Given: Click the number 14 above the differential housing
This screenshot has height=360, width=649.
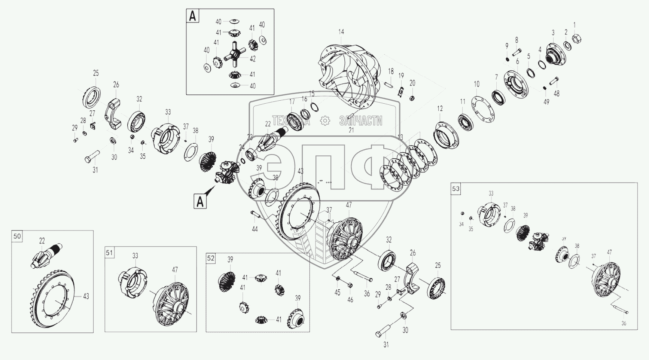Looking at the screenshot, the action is click(341, 32).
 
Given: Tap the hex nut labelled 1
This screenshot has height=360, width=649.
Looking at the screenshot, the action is click(577, 38).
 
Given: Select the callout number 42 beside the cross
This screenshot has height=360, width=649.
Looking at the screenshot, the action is click(253, 59).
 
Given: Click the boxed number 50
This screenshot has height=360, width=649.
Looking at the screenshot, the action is click(17, 236).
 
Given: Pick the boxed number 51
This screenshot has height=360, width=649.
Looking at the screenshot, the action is click(109, 253).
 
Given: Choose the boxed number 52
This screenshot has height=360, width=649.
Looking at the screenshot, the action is click(211, 258).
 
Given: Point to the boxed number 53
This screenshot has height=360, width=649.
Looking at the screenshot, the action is click(455, 188).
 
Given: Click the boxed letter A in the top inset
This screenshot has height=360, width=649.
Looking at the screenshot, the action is click(193, 16).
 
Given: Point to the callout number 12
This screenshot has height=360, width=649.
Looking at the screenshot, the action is click(440, 109).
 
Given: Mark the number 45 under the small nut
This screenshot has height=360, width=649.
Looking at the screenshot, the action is click(338, 292).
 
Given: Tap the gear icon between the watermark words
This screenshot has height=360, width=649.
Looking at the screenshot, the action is click(325, 120).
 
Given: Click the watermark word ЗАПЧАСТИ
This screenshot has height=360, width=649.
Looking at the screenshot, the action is click(360, 120).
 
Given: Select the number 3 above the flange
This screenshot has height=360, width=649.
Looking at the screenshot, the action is click(553, 33).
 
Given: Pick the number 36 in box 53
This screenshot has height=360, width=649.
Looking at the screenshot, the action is click(623, 323).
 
